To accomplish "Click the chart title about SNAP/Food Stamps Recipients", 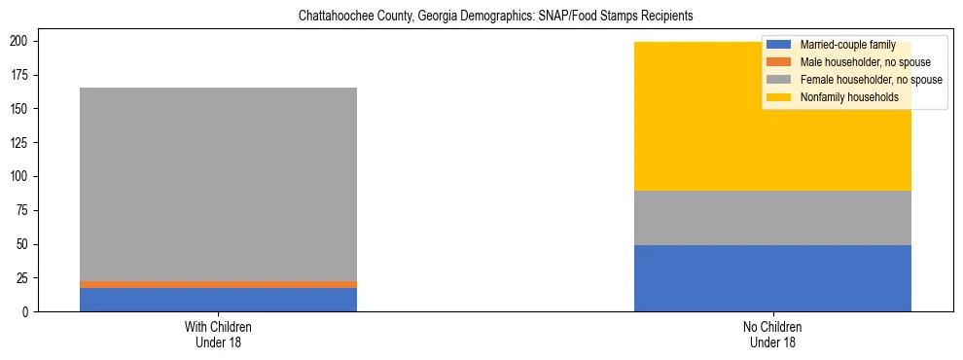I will tap(481, 17).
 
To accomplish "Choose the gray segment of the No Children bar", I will tap(772, 218).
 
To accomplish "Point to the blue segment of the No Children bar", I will tap(772, 278).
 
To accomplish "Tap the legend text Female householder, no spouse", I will tap(871, 80).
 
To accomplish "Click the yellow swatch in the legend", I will tap(779, 97).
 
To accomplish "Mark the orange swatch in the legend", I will tap(779, 62).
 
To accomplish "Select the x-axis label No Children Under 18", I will tap(772, 334).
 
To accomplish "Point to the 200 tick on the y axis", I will tap(21, 41).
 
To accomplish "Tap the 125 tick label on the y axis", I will tap(21, 142).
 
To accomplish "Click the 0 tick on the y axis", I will tap(28, 311).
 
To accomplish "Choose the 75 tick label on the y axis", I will tap(24, 210).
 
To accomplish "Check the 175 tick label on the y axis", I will tap(21, 75).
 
